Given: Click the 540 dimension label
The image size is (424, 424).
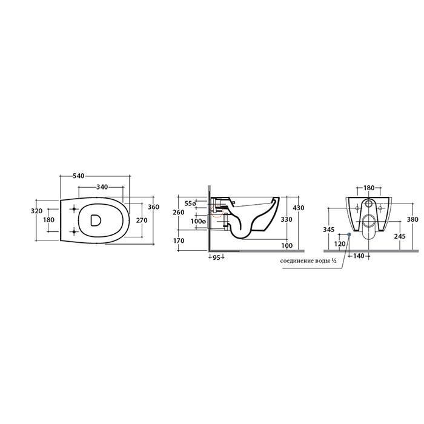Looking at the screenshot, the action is pyautogui.click(x=79, y=176).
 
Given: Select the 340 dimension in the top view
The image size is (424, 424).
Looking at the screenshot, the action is pyautogui.click(x=102, y=187).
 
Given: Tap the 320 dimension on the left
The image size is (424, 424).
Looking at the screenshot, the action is pyautogui.click(x=37, y=211).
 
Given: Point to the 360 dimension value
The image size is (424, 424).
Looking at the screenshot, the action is pyautogui.click(x=154, y=207).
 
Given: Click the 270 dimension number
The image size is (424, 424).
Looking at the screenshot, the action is pyautogui.click(x=142, y=220).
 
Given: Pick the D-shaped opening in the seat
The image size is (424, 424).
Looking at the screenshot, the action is pyautogui.click(x=95, y=220).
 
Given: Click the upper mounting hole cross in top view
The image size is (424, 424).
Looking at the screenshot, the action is pyautogui.click(x=73, y=209).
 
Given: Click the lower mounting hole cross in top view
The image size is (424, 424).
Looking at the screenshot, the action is pyautogui.click(x=73, y=231).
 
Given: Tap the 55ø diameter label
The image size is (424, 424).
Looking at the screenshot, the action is pyautogui.click(x=190, y=203).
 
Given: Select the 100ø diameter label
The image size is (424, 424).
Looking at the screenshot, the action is pyautogui.click(x=199, y=221).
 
